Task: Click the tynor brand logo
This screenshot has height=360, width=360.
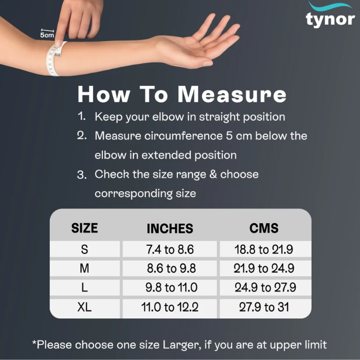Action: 330,14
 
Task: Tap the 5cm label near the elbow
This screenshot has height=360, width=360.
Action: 47,35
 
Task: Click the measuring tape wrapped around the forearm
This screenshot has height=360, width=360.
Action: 55,59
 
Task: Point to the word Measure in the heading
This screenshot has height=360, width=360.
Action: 232,94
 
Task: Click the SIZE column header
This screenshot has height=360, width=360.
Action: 84,228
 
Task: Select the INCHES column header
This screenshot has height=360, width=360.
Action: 170,228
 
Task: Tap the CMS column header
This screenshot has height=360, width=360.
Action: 264,228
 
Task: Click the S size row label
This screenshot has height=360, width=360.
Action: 84,249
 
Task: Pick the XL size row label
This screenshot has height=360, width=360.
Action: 84,307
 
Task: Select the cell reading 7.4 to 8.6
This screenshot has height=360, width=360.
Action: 170,249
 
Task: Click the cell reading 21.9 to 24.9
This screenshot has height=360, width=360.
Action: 264,268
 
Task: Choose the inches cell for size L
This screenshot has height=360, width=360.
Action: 171,287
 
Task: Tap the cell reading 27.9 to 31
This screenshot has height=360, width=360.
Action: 264,307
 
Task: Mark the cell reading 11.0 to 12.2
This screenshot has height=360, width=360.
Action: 170,307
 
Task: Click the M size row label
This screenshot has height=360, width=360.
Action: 84,268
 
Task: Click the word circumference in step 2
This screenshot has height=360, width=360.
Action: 184,136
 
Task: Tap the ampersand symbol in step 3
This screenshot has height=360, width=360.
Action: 213,174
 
